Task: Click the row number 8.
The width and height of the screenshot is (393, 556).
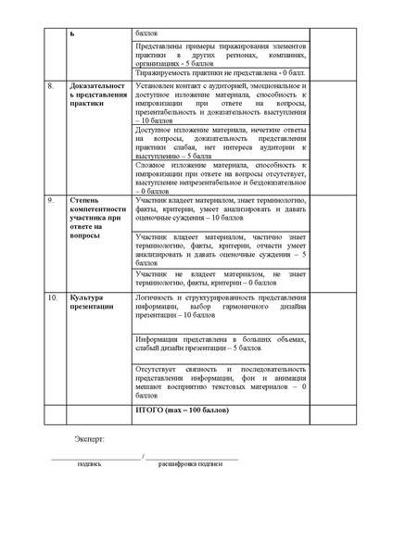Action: [51, 86]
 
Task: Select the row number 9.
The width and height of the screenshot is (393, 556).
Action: [51, 199]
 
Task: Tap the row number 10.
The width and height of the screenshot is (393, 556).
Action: [53, 297]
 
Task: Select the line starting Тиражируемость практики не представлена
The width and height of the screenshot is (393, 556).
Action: [220, 71]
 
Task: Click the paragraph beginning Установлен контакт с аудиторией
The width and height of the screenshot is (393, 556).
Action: [220, 103]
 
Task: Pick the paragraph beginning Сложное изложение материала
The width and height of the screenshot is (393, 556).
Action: [220, 177]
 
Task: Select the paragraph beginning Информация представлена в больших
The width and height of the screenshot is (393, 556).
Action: [220, 344]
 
